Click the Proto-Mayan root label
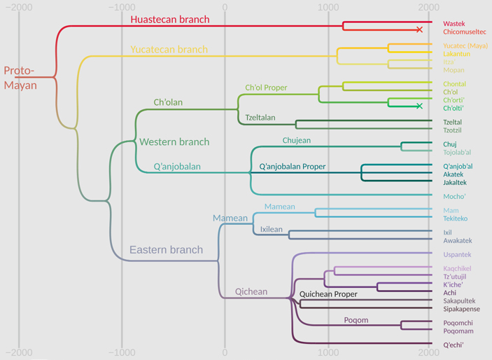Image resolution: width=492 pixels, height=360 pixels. (x=20, y=78)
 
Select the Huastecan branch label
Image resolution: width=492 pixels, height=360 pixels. (x=170, y=20)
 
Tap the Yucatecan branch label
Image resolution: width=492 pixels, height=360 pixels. (x=169, y=50)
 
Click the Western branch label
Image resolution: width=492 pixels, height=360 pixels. (x=174, y=142)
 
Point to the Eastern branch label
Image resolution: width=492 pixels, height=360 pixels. (x=166, y=250)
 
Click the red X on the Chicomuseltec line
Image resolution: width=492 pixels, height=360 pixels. (x=419, y=30)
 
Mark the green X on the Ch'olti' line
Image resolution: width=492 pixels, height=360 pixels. (x=419, y=106)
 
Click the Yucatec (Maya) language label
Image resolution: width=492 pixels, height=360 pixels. (x=465, y=46)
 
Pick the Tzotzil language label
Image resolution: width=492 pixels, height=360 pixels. (x=452, y=130)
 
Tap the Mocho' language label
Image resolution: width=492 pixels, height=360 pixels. (x=454, y=196)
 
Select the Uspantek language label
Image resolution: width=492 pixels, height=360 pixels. (x=457, y=254)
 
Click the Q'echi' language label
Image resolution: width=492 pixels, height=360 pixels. (x=454, y=345)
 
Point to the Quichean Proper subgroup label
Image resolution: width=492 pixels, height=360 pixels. (x=328, y=294)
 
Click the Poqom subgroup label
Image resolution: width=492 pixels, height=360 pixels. (x=356, y=321)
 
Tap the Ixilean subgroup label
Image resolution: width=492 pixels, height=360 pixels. (x=272, y=229)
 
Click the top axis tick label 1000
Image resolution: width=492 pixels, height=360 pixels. (x=328, y=7)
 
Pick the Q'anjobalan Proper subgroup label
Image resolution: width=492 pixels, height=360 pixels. (x=293, y=167)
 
